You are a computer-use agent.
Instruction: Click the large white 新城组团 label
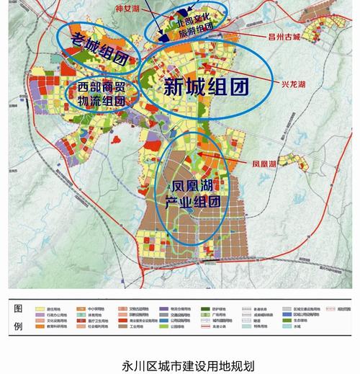206,87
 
